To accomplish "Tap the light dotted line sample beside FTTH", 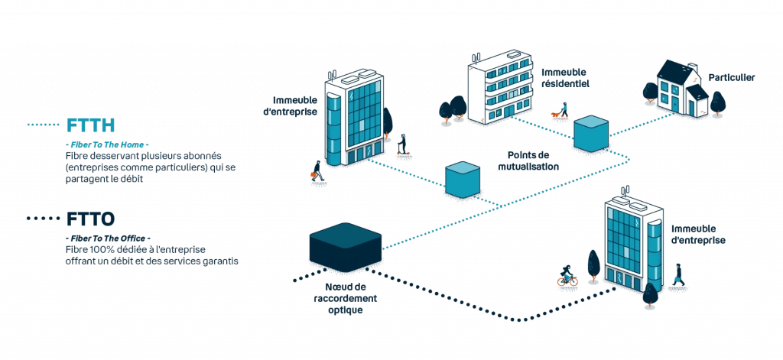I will click(44, 125).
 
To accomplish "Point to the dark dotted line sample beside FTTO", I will click(44, 219).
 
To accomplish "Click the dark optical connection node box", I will click(345, 248).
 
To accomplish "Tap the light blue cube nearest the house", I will click(590, 134).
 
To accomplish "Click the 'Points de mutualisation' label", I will click(528, 160).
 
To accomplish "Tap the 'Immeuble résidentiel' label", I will click(565, 79).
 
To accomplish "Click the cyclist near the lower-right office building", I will click(567, 277).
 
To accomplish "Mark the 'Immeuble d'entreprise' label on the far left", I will click(294, 105).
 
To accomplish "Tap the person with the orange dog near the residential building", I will click(560, 112).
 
